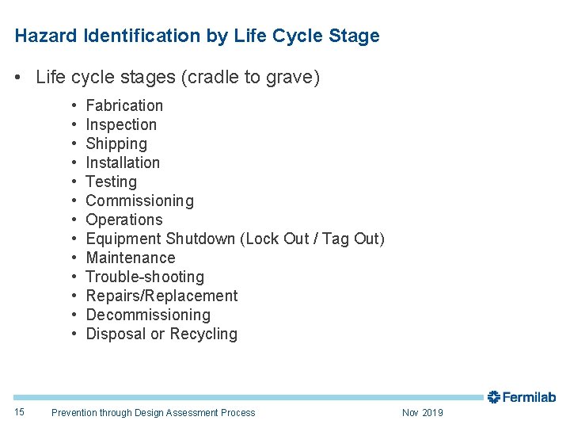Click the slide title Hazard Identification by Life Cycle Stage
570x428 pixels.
(197, 36)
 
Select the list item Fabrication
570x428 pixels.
(124, 105)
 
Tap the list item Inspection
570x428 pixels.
(121, 124)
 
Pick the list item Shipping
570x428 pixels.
(116, 143)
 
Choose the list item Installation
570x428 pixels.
(123, 162)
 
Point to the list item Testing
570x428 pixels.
(111, 182)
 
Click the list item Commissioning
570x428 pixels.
(139, 201)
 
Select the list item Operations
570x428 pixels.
(123, 220)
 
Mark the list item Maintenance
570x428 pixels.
(131, 258)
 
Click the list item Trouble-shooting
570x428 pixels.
(145, 277)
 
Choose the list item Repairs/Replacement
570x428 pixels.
(161, 296)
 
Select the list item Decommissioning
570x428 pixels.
(148, 315)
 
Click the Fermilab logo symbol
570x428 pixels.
(494, 396)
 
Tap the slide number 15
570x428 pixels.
(20, 412)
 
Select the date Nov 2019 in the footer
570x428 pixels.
(423, 412)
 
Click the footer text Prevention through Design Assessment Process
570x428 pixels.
(153, 412)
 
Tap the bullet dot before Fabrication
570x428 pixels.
(73, 105)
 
